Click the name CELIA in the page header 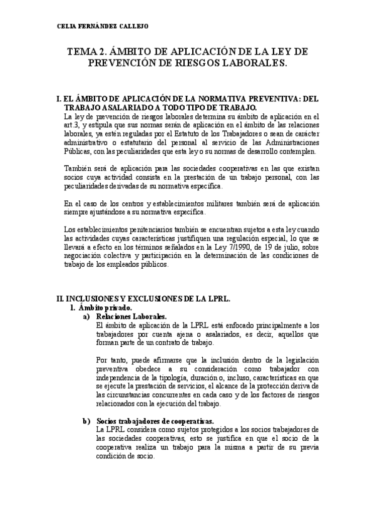[x=65, y=26]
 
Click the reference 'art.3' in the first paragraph [x=73, y=125]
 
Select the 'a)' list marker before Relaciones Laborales [x=87, y=317]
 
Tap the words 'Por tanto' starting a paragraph [x=111, y=361]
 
